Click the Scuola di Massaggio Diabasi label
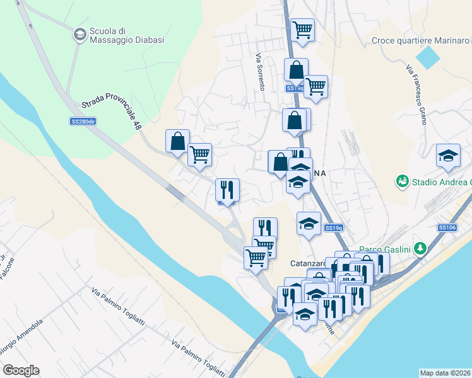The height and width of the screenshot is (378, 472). pyautogui.click(x=127, y=35)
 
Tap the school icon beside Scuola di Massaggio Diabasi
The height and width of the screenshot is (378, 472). pyautogui.click(x=80, y=35)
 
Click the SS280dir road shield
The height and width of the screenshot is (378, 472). pyautogui.click(x=82, y=121)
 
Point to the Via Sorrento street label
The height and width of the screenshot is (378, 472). pyautogui.click(x=259, y=71)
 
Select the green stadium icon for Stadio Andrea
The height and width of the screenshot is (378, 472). pyautogui.click(x=401, y=182)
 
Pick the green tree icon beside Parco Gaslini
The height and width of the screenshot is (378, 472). pyautogui.click(x=420, y=248)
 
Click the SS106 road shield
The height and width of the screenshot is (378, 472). pyautogui.click(x=447, y=227)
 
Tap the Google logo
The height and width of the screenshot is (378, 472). pyautogui.click(x=21, y=370)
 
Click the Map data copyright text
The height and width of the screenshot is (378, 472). pyautogui.click(x=445, y=373)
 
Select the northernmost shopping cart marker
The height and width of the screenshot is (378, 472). pyautogui.click(x=303, y=29)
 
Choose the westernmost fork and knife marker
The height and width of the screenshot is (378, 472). pyautogui.click(x=227, y=189)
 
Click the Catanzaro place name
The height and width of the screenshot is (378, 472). pyautogui.click(x=308, y=263)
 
